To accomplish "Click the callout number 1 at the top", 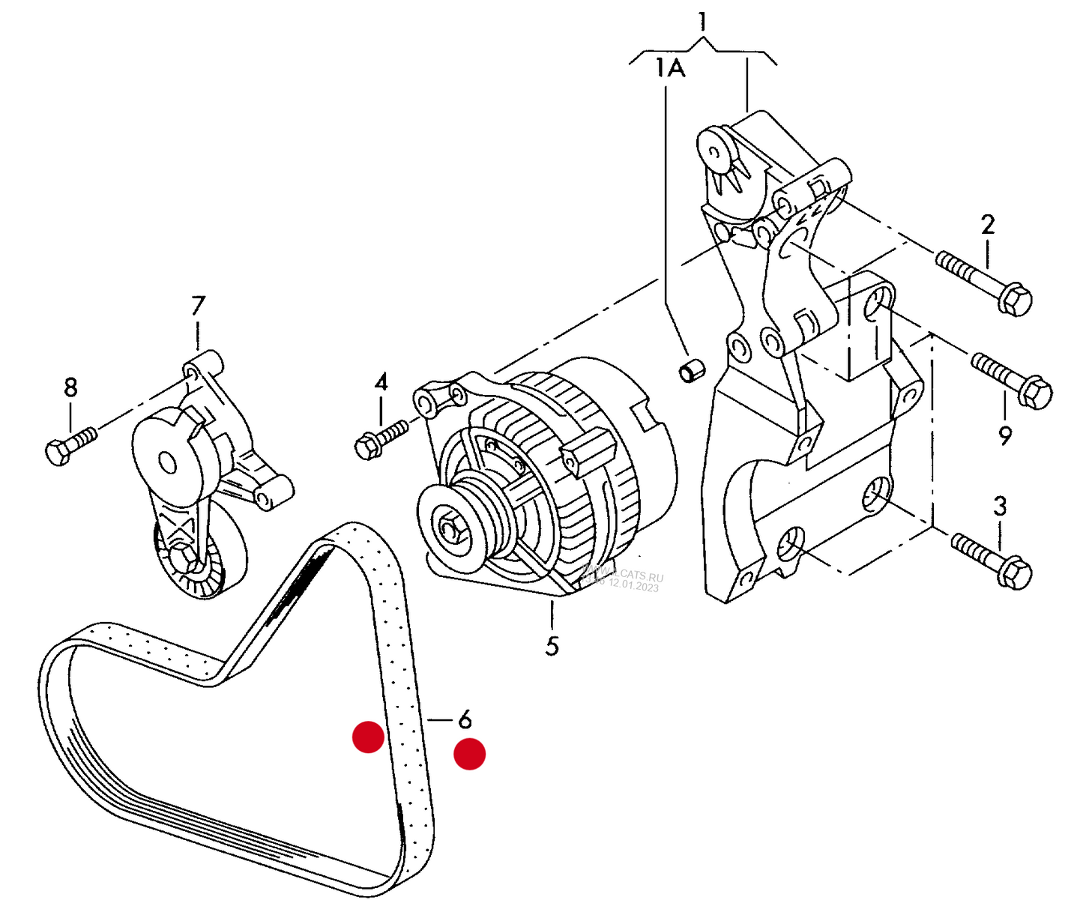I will coord(702,21).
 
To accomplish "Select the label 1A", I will coord(670,69).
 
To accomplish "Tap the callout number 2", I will coord(988,224).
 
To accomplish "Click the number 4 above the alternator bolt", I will coord(381,382).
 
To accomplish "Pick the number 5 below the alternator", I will coord(552,645).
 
